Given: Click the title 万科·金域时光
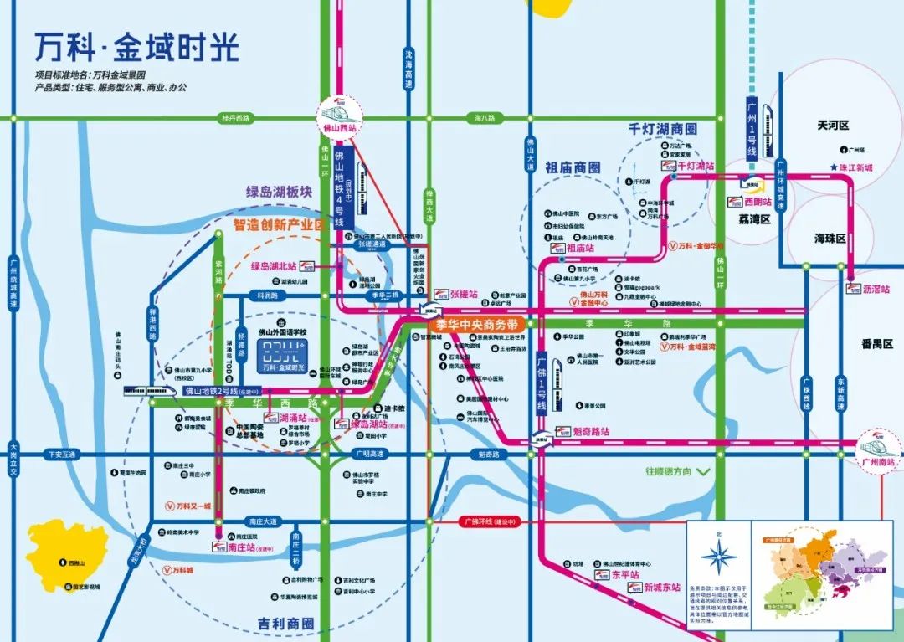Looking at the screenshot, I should [136, 48].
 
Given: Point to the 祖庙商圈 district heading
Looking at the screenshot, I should [573, 167].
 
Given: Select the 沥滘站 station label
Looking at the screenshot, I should [876, 289].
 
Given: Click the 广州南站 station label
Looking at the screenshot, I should [878, 461].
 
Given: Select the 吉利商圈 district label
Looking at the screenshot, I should [285, 624].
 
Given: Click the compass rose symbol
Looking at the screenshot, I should [718, 556].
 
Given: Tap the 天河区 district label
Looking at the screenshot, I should [833, 125].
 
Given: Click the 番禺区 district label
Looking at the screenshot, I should [876, 344].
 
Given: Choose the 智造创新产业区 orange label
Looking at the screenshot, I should [279, 225].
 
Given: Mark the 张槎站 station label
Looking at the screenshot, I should [462, 295].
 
